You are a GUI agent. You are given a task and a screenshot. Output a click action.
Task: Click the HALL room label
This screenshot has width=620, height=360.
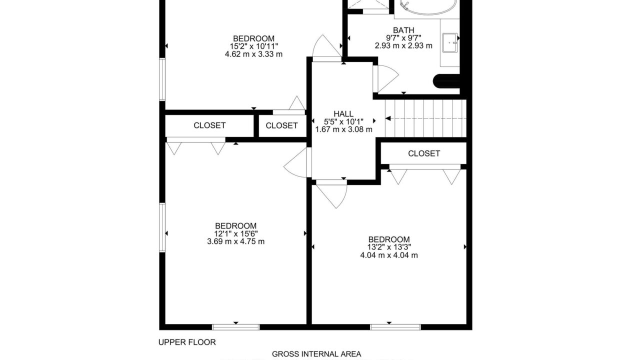[x=343, y=113]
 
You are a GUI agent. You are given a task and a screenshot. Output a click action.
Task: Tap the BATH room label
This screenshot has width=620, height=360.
[x=403, y=30]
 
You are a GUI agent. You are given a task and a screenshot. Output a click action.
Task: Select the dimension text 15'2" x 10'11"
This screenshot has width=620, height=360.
[x=254, y=46]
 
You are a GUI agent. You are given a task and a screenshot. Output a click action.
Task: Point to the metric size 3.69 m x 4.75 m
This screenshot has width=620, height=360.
[x=236, y=241]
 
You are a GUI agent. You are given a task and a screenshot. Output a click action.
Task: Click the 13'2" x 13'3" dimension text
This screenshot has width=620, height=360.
[x=389, y=247]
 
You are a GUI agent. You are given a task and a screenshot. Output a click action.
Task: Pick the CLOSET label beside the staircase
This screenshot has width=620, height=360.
[x=424, y=153]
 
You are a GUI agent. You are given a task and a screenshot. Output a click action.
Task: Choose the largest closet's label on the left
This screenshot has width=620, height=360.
[x=209, y=125]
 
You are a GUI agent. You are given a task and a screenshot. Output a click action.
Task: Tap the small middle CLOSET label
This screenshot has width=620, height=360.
[x=282, y=125]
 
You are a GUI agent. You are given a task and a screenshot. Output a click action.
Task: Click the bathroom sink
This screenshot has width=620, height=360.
[x=450, y=42]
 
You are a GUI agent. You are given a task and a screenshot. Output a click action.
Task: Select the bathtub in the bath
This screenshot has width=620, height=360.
[x=427, y=6]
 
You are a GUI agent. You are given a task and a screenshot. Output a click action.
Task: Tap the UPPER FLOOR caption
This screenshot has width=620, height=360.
[x=187, y=342]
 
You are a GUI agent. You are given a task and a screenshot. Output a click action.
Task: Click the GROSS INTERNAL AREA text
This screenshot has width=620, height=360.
[x=316, y=354]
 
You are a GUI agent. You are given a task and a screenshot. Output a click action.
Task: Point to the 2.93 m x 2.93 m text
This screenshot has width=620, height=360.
[x=403, y=45]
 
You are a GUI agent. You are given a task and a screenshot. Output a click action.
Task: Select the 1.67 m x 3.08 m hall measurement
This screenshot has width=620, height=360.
[x=344, y=129]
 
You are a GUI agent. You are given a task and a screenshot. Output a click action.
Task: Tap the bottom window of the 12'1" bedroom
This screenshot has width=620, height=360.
[x=236, y=327]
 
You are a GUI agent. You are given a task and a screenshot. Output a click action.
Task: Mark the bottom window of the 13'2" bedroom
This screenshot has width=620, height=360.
[x=395, y=327]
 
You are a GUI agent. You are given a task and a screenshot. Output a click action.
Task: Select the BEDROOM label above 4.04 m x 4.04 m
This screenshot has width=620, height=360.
[x=389, y=239]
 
